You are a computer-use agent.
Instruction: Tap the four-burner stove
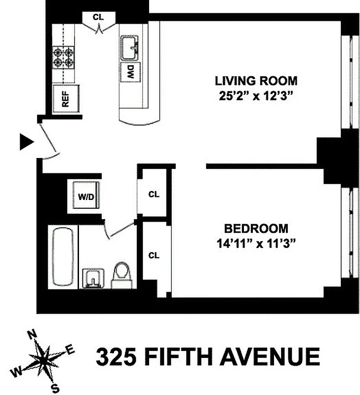click(64, 57)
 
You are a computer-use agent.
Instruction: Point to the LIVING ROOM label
click(256, 80)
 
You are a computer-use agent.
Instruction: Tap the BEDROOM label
click(256, 229)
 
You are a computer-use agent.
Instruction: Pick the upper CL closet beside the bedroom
click(154, 195)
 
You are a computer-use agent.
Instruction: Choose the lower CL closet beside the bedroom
click(154, 255)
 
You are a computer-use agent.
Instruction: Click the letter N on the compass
click(33, 334)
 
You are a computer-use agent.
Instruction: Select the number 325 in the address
click(115, 357)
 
